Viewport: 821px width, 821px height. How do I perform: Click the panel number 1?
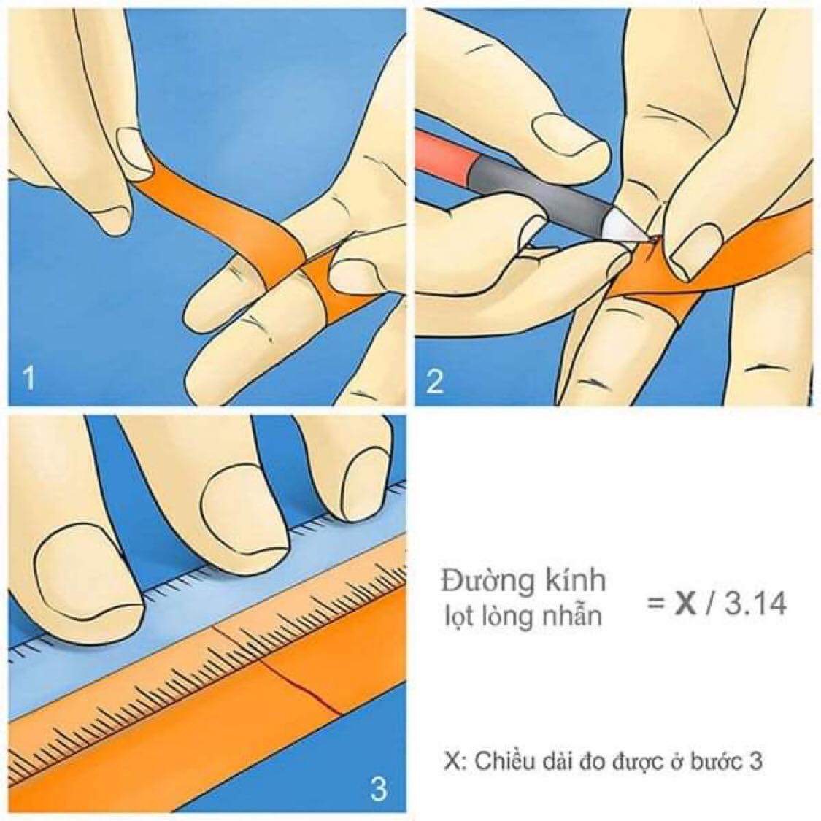pos(28,380)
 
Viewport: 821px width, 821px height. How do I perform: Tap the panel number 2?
pos(434,381)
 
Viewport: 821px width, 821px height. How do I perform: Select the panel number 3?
pos(378,787)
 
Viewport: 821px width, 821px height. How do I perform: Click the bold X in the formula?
pos(684,604)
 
